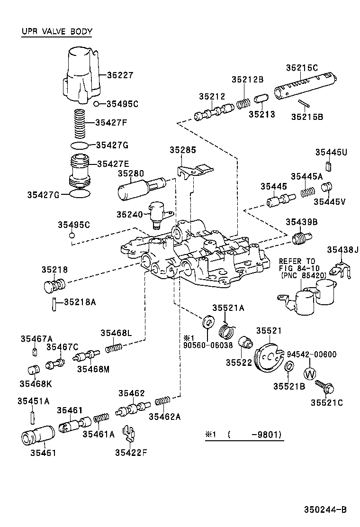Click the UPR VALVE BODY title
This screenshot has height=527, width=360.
point(57,32)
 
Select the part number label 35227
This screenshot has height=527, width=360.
point(120,75)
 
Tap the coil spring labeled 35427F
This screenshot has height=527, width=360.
point(81,123)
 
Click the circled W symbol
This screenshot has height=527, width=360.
point(309,373)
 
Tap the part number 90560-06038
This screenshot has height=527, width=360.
point(208,345)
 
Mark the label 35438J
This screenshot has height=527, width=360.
point(343,250)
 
